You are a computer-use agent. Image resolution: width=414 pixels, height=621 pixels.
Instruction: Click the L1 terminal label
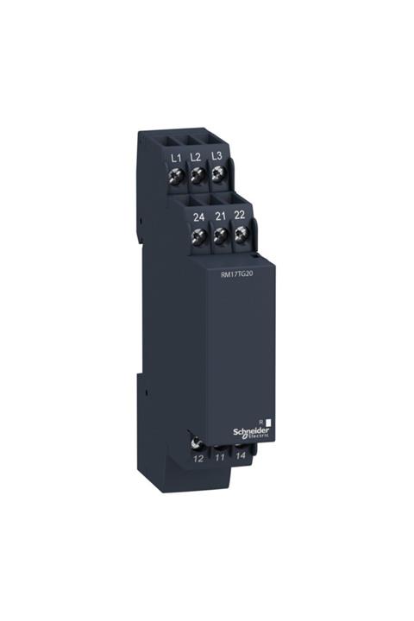[x=176, y=157]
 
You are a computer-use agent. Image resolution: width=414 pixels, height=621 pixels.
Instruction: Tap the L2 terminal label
[x=196, y=157]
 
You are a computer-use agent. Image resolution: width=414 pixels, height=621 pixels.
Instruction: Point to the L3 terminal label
[x=216, y=157]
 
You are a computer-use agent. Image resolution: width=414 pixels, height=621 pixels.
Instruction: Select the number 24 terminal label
[x=200, y=216]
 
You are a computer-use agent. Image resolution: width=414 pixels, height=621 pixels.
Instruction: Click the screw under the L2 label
[x=197, y=176]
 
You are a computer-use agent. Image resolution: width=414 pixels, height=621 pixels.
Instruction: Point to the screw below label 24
[x=201, y=235]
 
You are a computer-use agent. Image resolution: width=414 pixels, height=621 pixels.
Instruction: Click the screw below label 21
[x=221, y=235]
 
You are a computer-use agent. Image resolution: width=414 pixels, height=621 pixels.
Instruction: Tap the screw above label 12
[x=198, y=443]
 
